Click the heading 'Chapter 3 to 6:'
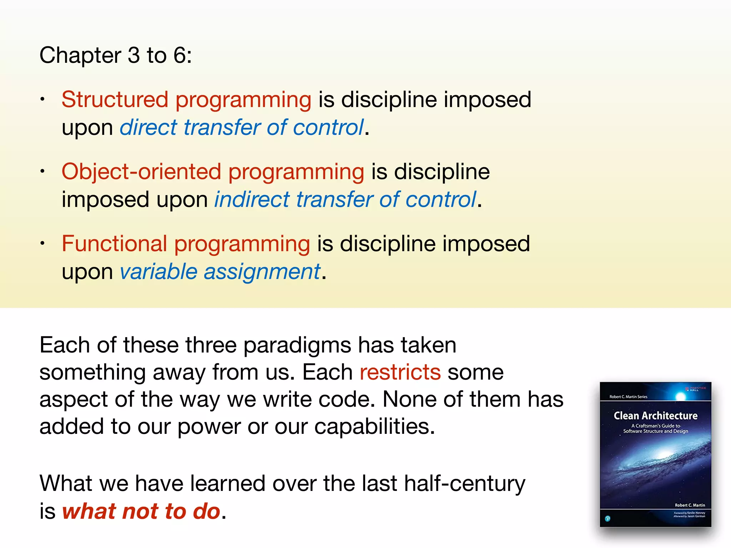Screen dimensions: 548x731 click(x=115, y=55)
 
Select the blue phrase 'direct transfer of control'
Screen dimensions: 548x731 click(x=242, y=127)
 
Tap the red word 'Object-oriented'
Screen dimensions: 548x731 click(x=141, y=172)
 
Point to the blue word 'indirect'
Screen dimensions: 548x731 click(x=252, y=199)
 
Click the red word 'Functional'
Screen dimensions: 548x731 click(x=114, y=244)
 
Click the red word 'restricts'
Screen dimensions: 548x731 click(x=400, y=372)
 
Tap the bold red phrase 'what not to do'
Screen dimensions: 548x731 click(x=141, y=511)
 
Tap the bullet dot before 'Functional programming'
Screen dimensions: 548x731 click(x=42, y=243)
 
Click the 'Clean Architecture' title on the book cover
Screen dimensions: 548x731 click(x=655, y=416)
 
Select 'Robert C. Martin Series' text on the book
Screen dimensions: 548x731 click(x=628, y=397)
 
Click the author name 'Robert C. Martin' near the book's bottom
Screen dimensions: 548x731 click(x=690, y=505)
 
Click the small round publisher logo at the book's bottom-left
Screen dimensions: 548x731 click(x=608, y=518)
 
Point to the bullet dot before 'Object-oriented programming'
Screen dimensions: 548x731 click(x=42, y=171)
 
